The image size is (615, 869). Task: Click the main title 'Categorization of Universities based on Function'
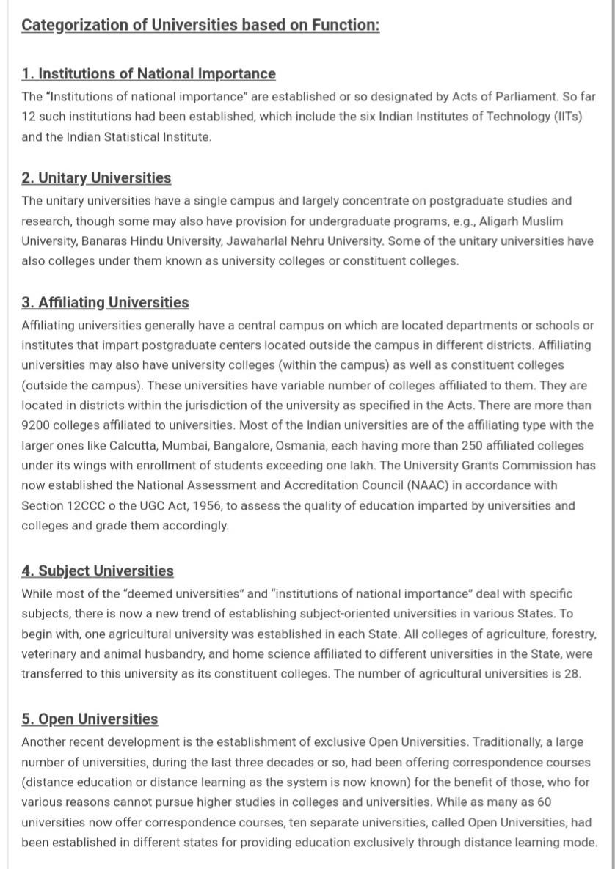point(200,25)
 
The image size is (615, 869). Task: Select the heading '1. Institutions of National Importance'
point(148,74)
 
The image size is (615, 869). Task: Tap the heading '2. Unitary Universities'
point(96,178)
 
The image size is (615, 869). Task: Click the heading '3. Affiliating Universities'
point(105,303)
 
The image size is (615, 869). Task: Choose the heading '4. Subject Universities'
point(98,571)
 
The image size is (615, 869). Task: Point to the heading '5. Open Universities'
point(90,719)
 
